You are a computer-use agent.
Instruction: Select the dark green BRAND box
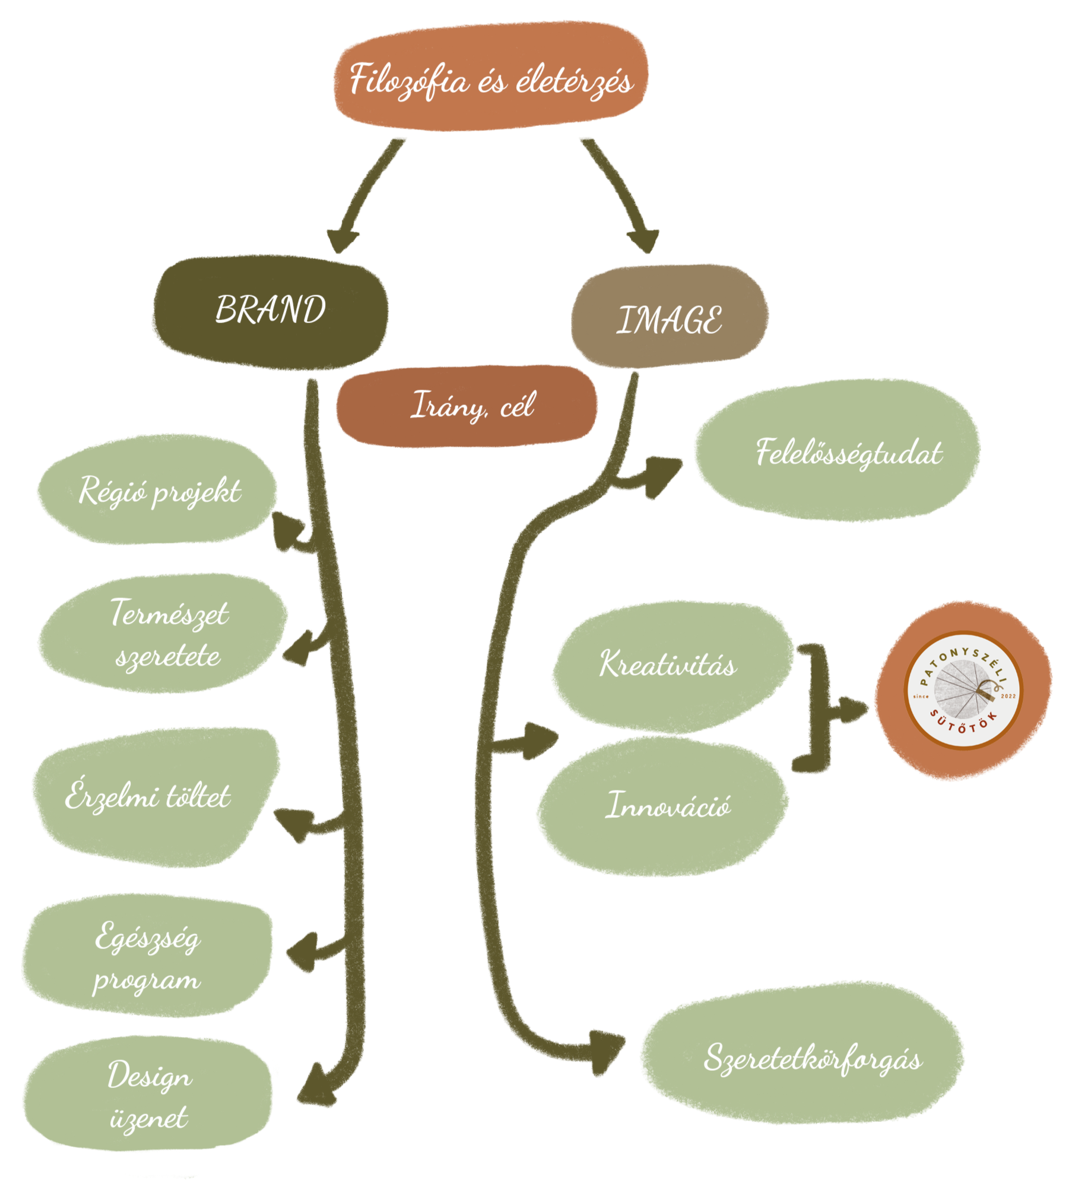click(271, 312)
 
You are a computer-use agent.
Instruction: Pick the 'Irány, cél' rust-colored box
click(467, 406)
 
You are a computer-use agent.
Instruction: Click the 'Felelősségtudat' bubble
click(837, 451)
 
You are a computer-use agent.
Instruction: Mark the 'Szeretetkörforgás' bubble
click(801, 1060)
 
